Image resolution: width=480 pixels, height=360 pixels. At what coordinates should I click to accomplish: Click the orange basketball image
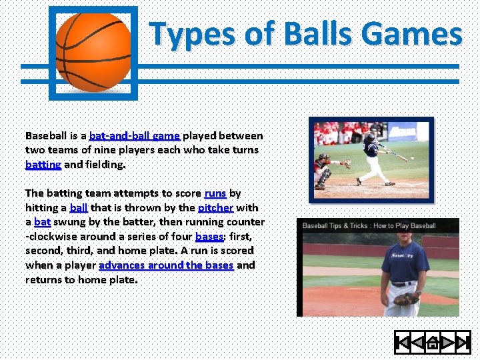tap(93, 52)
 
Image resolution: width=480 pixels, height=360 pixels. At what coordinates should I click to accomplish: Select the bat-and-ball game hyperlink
tap(135, 136)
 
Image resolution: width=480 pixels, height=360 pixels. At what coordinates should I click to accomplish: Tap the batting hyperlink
tap(43, 164)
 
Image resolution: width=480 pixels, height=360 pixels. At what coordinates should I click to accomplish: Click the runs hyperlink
tap(215, 193)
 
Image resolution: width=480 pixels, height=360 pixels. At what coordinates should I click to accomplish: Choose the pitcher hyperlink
tap(215, 207)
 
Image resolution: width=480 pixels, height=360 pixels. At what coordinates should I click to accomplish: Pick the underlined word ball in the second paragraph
tap(78, 207)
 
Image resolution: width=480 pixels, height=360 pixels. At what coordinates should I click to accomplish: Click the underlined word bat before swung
tap(42, 222)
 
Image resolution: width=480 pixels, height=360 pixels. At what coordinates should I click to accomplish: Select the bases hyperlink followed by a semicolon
tap(209, 237)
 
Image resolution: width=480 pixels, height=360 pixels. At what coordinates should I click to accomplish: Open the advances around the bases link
tap(166, 265)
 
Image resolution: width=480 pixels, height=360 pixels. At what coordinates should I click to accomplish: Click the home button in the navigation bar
tap(432, 343)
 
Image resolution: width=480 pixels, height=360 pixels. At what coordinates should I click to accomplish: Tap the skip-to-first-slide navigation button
tap(403, 343)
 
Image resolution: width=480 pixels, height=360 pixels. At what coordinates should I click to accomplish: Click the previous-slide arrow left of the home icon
tap(417, 343)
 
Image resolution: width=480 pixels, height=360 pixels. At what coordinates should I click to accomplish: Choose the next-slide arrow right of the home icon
tap(447, 343)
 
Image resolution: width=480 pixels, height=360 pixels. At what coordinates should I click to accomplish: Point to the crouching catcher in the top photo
tap(325, 169)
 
